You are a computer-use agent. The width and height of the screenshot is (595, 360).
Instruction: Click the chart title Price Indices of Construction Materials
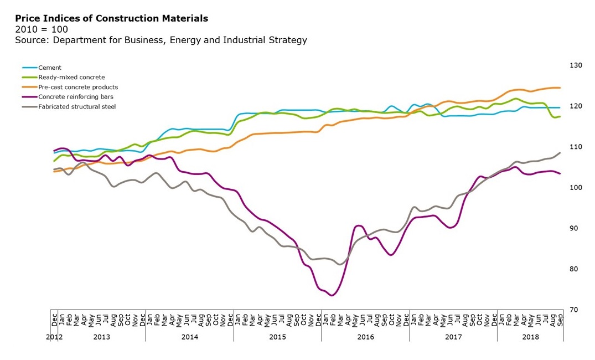[111, 18]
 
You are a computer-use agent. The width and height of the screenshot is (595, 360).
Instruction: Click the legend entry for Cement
[50, 68]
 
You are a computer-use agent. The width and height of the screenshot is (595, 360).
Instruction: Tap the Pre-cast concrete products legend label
[78, 87]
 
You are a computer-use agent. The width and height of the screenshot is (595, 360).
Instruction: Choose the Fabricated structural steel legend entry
[77, 106]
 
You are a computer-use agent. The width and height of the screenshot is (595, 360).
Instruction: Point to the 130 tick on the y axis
[576, 65]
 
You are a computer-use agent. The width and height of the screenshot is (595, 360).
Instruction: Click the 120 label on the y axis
[576, 106]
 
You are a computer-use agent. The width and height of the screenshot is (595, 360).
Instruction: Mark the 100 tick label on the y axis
[576, 188]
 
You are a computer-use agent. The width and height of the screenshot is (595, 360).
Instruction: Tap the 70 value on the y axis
[575, 310]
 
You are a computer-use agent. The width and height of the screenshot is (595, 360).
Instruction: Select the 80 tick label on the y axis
[575, 269]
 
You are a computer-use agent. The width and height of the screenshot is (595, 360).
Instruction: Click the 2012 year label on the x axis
[53, 337]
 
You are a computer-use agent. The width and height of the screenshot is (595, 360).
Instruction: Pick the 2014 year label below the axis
[189, 337]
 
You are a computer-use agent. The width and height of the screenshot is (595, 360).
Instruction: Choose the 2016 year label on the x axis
[365, 337]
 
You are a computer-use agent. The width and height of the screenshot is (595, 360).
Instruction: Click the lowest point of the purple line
[332, 295]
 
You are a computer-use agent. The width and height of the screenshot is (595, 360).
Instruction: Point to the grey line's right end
[560, 153]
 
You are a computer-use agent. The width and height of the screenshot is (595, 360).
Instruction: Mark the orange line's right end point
[560, 88]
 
